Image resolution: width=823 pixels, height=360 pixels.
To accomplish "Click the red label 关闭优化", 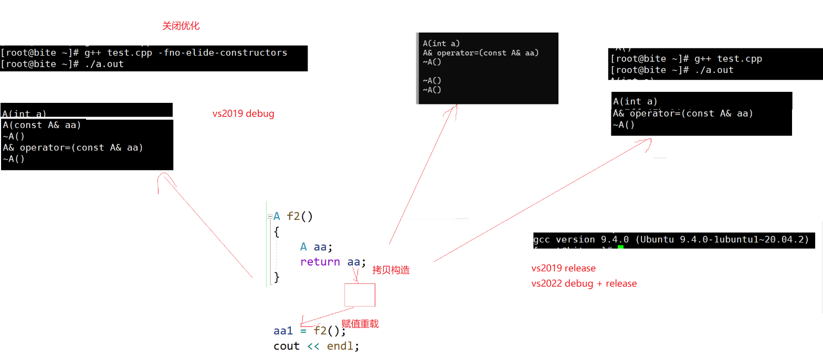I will [181, 26].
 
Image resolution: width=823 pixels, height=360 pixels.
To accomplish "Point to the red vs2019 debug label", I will [243, 113].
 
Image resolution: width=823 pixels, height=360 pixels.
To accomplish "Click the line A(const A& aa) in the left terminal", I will [41, 125].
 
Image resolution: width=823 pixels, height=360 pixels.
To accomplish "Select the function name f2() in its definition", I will [300, 216].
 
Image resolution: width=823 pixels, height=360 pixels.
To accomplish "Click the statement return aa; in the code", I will [333, 261].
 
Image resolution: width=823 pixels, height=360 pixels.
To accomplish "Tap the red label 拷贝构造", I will [391, 270].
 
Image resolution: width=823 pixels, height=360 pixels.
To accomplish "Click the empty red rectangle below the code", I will [360, 295].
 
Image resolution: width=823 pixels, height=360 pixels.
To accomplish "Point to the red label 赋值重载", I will [360, 324].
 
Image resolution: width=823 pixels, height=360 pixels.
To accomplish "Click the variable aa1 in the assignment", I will [283, 331].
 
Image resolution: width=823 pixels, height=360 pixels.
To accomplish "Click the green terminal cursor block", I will [620, 247].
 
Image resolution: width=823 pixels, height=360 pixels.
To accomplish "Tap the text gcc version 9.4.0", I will [582, 240].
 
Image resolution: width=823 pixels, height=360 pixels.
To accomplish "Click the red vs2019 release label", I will [563, 268].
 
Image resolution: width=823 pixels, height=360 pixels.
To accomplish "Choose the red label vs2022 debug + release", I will [584, 283].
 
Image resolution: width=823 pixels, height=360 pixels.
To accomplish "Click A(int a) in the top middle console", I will [441, 44].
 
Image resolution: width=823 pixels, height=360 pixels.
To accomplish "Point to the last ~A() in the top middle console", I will [432, 90].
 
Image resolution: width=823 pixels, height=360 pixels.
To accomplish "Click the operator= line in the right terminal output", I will [683, 113].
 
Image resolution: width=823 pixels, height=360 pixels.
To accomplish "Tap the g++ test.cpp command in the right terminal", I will [728, 59].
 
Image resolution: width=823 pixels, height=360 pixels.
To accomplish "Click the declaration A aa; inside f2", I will [316, 247].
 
